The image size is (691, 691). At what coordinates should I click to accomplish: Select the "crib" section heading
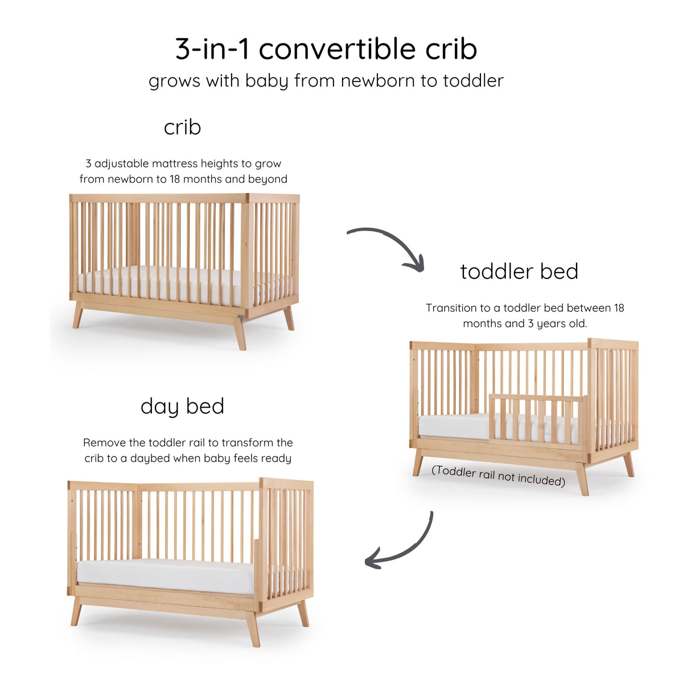182,127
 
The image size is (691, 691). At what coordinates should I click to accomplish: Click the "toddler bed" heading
519,272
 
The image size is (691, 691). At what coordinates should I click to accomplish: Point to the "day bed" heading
182,406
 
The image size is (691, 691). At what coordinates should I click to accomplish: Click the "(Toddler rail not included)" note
498,476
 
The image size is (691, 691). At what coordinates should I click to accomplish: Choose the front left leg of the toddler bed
418,462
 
